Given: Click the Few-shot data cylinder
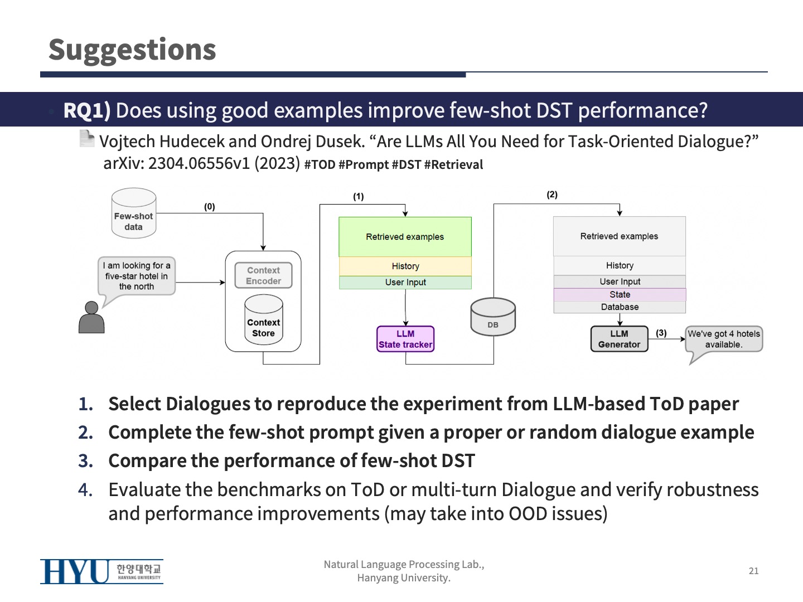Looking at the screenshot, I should click(x=133, y=214).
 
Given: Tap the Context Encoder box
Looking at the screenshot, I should click(x=263, y=275).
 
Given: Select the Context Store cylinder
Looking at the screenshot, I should click(x=263, y=320).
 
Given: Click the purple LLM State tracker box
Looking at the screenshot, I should click(x=405, y=339).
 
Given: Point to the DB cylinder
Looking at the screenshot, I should click(x=493, y=317).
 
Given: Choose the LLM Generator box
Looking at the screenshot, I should click(x=619, y=339).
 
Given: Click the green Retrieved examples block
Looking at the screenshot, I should click(x=405, y=237).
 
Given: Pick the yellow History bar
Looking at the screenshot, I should click(x=405, y=266).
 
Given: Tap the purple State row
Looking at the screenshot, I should click(x=620, y=294).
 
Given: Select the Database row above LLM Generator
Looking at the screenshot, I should click(x=620, y=307).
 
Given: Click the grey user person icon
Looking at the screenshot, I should click(x=91, y=318).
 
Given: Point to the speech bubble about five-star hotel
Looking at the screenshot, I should click(x=137, y=276).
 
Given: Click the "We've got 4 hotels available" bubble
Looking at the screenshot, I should click(x=723, y=339).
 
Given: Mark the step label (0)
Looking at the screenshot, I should click(x=209, y=207).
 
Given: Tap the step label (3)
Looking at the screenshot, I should click(x=661, y=333).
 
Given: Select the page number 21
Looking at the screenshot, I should click(x=753, y=571).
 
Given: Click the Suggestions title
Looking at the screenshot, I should click(x=132, y=50).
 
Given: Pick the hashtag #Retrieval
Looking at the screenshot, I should click(x=453, y=165).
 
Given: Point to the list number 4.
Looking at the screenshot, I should click(x=85, y=490).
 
